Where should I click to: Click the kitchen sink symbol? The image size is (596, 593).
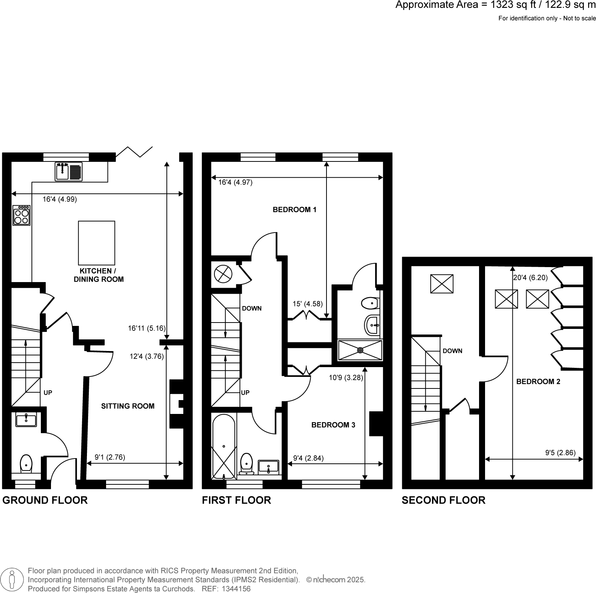[x=69, y=172]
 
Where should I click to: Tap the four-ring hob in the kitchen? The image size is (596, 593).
[x=21, y=215]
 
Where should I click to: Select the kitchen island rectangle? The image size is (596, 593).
[x=96, y=243]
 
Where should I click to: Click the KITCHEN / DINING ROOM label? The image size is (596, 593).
[x=99, y=275]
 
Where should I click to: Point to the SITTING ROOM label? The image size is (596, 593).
[x=128, y=406]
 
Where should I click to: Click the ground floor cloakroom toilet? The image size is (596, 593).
[x=26, y=464]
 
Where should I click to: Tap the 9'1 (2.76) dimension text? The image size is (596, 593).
[x=110, y=457]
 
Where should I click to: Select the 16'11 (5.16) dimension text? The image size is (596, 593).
[x=147, y=329]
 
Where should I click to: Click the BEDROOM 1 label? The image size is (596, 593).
[x=295, y=210]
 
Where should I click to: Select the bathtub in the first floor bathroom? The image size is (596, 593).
[x=224, y=447]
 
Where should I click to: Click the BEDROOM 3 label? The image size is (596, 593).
[x=333, y=425]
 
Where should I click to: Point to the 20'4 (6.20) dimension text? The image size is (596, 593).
[x=530, y=278]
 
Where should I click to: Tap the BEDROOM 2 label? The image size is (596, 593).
[x=538, y=382]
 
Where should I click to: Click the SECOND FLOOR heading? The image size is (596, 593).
[x=443, y=500]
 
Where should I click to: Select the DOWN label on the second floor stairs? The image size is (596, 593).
[x=452, y=351]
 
